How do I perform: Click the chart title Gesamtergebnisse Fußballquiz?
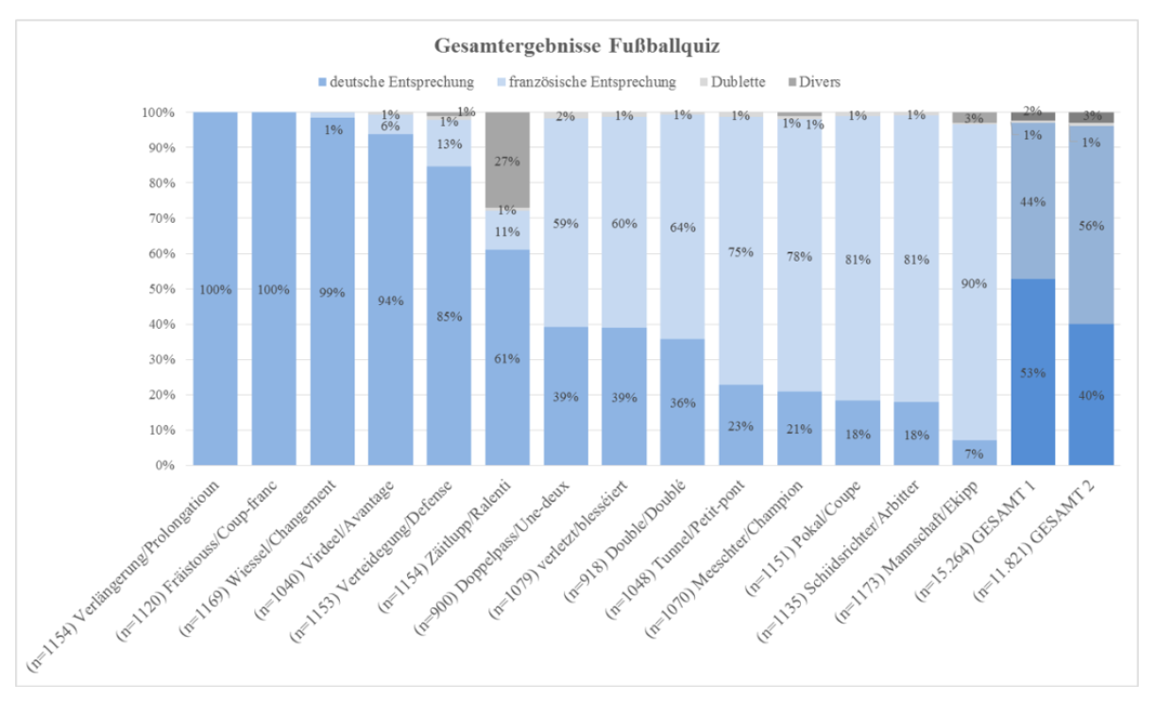coord(577,45)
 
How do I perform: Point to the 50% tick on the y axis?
coord(160,289)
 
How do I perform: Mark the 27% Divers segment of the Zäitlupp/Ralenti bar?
coord(507,160)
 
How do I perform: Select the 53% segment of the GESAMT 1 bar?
coord(1032,372)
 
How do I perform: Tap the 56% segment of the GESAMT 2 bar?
coord(1091,226)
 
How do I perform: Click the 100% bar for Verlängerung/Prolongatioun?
coord(215,289)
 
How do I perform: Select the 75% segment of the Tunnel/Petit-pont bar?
coord(740,251)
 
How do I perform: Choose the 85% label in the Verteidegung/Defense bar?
coord(449,316)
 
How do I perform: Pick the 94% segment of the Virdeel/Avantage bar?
coord(390,300)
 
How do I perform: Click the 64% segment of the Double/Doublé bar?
coord(682,227)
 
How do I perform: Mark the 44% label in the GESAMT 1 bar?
coord(1032,201)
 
